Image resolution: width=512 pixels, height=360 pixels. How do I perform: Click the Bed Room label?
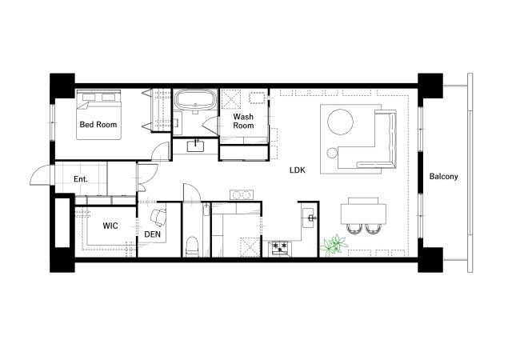click(98, 125)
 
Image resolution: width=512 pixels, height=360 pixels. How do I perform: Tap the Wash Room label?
click(243, 121)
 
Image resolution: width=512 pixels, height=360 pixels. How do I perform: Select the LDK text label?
click(298, 170)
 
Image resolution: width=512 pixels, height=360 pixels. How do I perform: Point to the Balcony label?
click(443, 177)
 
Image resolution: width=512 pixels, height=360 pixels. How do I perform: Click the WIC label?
click(110, 226)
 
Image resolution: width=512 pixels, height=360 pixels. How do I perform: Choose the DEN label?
click(153, 234)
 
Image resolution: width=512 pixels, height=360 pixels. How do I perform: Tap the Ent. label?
click(81, 179)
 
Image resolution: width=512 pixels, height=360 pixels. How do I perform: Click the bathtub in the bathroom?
click(195, 99)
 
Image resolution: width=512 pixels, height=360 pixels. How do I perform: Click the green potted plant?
click(334, 244)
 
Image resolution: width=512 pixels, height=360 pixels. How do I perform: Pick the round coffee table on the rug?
click(340, 122)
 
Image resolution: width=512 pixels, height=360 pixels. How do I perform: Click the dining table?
click(363, 214)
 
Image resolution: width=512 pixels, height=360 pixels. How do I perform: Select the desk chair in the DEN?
click(158, 217)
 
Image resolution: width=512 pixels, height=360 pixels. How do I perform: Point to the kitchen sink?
click(309, 218)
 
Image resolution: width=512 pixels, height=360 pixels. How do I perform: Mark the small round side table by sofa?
click(332, 153)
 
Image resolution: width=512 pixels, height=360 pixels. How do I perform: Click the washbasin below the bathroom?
click(196, 146)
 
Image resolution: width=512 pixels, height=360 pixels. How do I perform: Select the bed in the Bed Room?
click(99, 114)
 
